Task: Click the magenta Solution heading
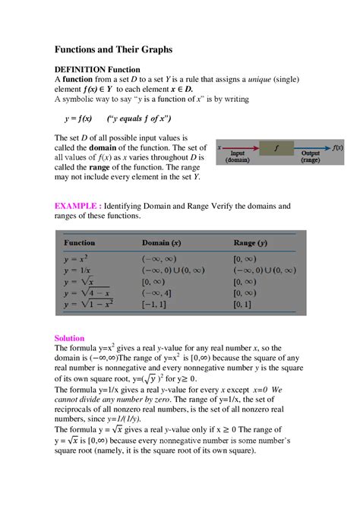[69, 337]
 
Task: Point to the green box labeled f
[277, 149]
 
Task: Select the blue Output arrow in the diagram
[313, 149]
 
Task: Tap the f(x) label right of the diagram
[343, 148]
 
